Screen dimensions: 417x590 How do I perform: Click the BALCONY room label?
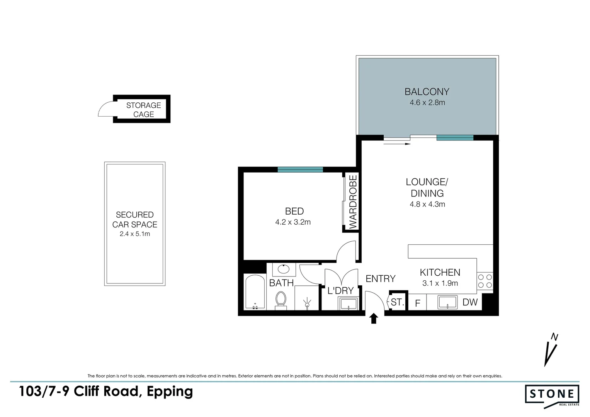point(427,92)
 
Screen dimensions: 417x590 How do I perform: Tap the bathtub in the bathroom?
point(255,292)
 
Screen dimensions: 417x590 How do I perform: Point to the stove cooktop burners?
point(485,281)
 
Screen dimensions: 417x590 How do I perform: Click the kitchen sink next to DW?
point(447,302)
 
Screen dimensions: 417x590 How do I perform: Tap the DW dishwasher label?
point(470,303)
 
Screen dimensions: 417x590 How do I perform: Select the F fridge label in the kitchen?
point(417,303)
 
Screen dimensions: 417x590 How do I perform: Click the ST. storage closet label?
point(397,302)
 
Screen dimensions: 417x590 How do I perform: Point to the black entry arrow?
point(373,319)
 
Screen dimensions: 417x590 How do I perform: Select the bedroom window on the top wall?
point(300,169)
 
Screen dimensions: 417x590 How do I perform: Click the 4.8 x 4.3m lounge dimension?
point(427,204)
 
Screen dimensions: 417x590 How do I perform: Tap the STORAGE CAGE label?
point(143,110)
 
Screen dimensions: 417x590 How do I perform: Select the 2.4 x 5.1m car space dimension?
point(134,234)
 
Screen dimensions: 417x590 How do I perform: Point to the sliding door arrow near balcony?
point(397,144)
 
